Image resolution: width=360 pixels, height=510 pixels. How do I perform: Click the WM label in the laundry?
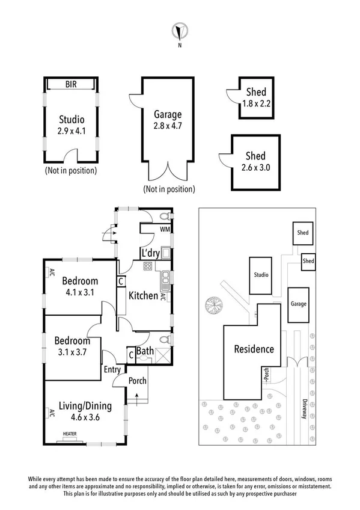165,230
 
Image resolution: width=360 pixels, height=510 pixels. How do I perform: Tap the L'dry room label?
150,253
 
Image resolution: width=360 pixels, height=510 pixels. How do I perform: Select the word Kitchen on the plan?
143,295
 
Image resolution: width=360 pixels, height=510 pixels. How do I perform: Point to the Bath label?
145,351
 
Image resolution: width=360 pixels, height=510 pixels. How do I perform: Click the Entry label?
112,369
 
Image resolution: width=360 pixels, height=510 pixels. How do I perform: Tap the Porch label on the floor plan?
137,379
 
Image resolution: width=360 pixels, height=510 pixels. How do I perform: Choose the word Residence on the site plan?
254,349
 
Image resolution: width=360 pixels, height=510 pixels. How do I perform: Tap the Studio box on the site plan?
261,275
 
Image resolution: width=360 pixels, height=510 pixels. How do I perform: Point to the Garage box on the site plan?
299,304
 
